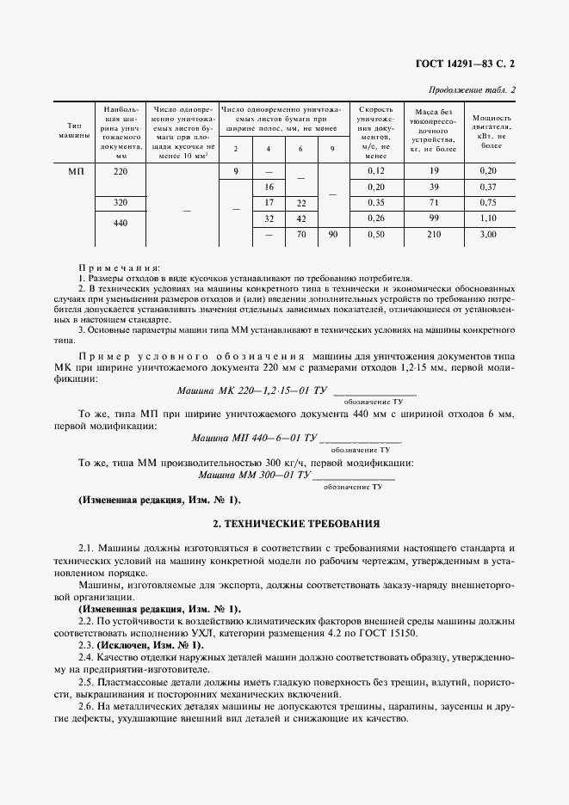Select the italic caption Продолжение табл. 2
[x=472, y=90]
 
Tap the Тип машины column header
[x=74, y=132]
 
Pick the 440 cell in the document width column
[x=121, y=222]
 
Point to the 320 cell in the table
[x=121, y=203]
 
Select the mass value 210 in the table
[x=434, y=234]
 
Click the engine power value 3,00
[x=488, y=234]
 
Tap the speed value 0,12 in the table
[x=375, y=172]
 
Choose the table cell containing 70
[x=301, y=234]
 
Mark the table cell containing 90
[x=332, y=234]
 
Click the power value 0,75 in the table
[x=488, y=203]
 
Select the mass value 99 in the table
[x=434, y=218]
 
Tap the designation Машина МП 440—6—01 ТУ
[x=254, y=439]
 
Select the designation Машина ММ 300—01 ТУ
[x=254, y=475]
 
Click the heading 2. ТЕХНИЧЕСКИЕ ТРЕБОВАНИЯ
[x=283, y=523]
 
